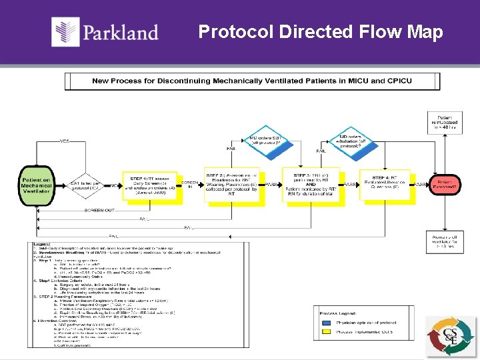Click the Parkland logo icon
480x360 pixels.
(x=66, y=31)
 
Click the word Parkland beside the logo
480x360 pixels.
(x=121, y=32)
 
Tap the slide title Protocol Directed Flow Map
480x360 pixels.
(x=320, y=31)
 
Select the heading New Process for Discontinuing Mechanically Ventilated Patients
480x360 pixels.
(x=252, y=81)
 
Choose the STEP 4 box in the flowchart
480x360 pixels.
(x=386, y=184)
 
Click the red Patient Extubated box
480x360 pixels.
(x=445, y=185)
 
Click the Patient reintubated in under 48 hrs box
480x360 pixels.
(x=444, y=123)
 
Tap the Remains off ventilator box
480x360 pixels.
(x=444, y=241)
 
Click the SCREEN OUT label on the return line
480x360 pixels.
(x=99, y=209)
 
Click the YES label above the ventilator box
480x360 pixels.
(x=65, y=141)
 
